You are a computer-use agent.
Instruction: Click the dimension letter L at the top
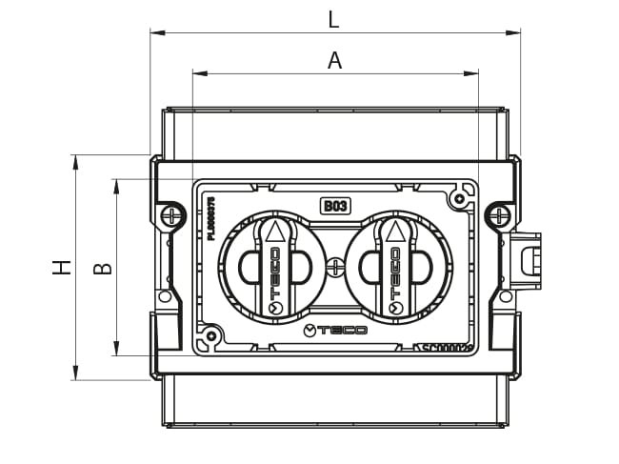332,17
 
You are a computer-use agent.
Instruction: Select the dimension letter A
334,60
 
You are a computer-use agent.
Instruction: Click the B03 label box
334,205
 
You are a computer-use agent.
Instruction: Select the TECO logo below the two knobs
334,331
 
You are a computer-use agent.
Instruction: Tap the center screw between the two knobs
334,268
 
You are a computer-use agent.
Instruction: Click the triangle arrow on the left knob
274,232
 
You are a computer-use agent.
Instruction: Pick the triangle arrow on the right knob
393,232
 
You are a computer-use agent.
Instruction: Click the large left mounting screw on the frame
171,215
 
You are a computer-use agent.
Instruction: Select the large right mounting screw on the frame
498,215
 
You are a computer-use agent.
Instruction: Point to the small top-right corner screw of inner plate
460,198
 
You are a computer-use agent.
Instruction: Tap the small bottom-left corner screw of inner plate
210,335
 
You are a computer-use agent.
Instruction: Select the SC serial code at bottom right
448,349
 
